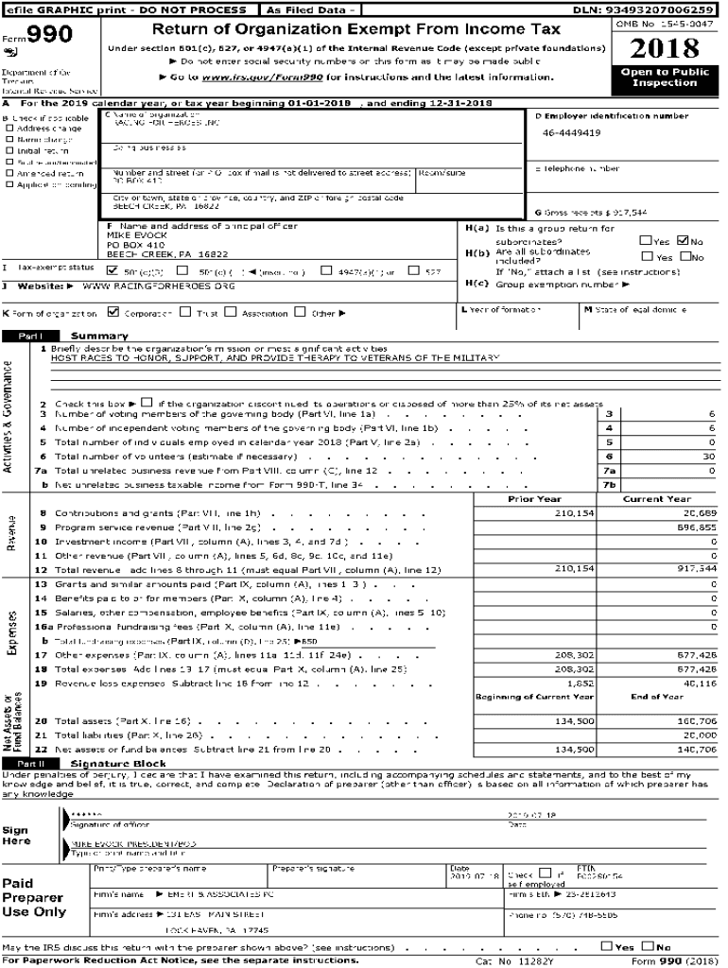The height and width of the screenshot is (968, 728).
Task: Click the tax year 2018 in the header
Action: pos(665,48)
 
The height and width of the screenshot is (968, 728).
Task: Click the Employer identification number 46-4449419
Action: pos(571,133)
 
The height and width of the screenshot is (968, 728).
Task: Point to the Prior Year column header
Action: pos(535,498)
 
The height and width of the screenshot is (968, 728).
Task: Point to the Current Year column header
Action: pos(656,498)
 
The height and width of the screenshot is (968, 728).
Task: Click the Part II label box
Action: pos(31,763)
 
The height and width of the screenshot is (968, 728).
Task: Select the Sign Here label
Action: pos(16,835)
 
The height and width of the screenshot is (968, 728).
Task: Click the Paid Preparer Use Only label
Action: pos(33,897)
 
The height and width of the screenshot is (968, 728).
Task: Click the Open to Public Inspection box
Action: pos(665,77)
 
